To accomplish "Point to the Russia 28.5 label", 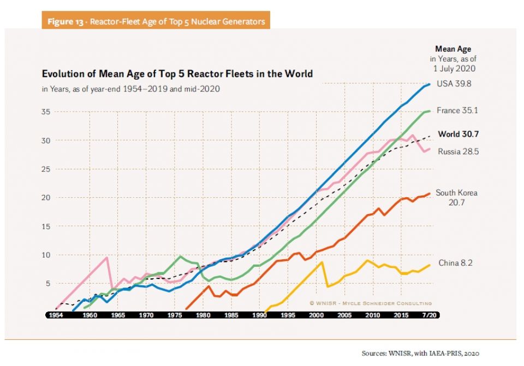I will click(x=458, y=151).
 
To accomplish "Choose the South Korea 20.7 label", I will click(x=456, y=197).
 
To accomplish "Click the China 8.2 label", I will click(x=455, y=263).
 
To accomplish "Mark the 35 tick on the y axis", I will click(x=47, y=112).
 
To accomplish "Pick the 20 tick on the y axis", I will click(x=47, y=197).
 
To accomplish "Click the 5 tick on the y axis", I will click(x=49, y=283).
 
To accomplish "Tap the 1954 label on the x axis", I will click(x=55, y=315).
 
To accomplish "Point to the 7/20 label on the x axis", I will click(x=430, y=315).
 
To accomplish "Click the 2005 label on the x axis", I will click(x=344, y=315).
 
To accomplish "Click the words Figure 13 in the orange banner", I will click(x=66, y=22).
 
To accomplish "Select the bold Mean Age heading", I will click(x=452, y=50).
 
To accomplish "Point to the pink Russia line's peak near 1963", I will click(x=106, y=257).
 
